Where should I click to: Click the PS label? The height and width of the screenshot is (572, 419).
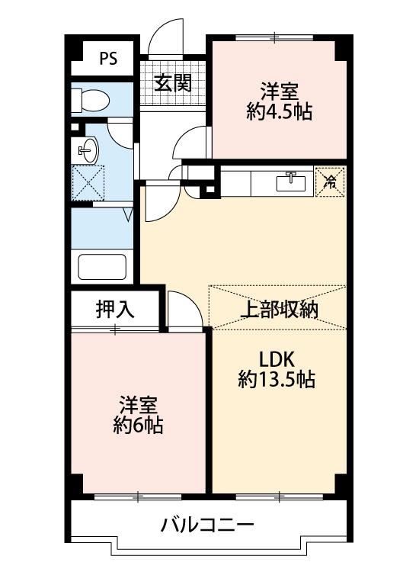[x=108, y=59]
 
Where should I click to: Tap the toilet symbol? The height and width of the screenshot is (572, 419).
[x=90, y=100]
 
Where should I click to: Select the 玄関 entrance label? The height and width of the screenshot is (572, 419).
[x=173, y=84]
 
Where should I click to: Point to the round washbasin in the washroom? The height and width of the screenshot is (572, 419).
[x=88, y=150]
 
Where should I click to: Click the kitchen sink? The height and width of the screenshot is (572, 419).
[x=291, y=182]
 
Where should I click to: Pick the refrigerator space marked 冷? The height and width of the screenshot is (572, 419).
[x=330, y=182]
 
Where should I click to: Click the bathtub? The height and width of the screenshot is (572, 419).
[x=102, y=267]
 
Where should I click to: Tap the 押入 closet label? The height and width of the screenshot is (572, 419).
[x=115, y=310]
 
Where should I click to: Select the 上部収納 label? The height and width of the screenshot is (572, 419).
[x=280, y=310]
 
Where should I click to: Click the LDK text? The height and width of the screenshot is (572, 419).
[x=277, y=360]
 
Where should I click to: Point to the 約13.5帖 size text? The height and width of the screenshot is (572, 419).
[x=277, y=379]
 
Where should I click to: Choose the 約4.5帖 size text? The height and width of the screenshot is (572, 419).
[x=279, y=111]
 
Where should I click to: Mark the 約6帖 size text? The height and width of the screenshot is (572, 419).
[x=138, y=424]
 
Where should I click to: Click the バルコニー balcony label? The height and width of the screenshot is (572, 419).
[x=207, y=525]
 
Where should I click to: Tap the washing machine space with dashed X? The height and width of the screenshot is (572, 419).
[x=88, y=183]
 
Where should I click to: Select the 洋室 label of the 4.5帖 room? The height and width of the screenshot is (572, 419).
[x=280, y=92]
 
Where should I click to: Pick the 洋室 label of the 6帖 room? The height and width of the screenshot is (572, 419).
[x=138, y=404]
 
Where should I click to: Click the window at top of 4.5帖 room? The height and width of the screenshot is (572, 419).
[x=274, y=37]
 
